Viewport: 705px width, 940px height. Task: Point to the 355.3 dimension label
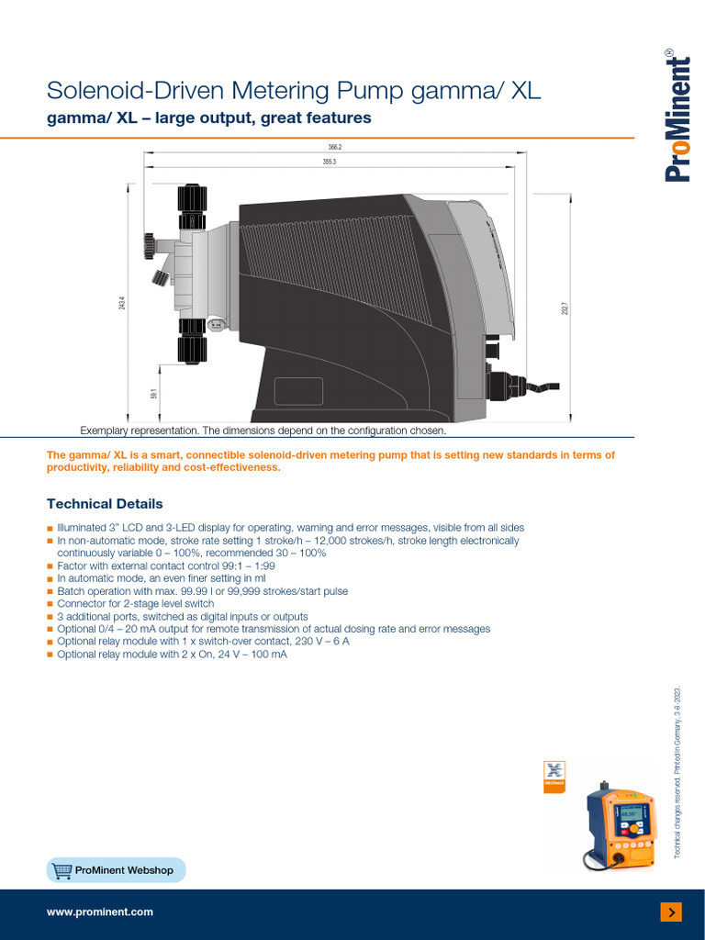[330, 162]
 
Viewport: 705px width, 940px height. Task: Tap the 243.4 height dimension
[121, 300]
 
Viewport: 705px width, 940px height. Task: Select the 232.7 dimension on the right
[565, 309]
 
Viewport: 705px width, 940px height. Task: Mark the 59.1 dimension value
[154, 394]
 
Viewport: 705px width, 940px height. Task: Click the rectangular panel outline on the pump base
[298, 391]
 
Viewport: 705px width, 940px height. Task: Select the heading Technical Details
[105, 504]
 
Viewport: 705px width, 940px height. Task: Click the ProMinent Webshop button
[116, 869]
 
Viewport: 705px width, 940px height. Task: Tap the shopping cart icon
[62, 869]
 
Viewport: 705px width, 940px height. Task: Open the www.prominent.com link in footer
[100, 912]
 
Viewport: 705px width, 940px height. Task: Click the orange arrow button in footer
[671, 912]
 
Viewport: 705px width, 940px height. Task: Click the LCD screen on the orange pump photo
[630, 813]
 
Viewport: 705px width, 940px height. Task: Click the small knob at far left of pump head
[149, 245]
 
